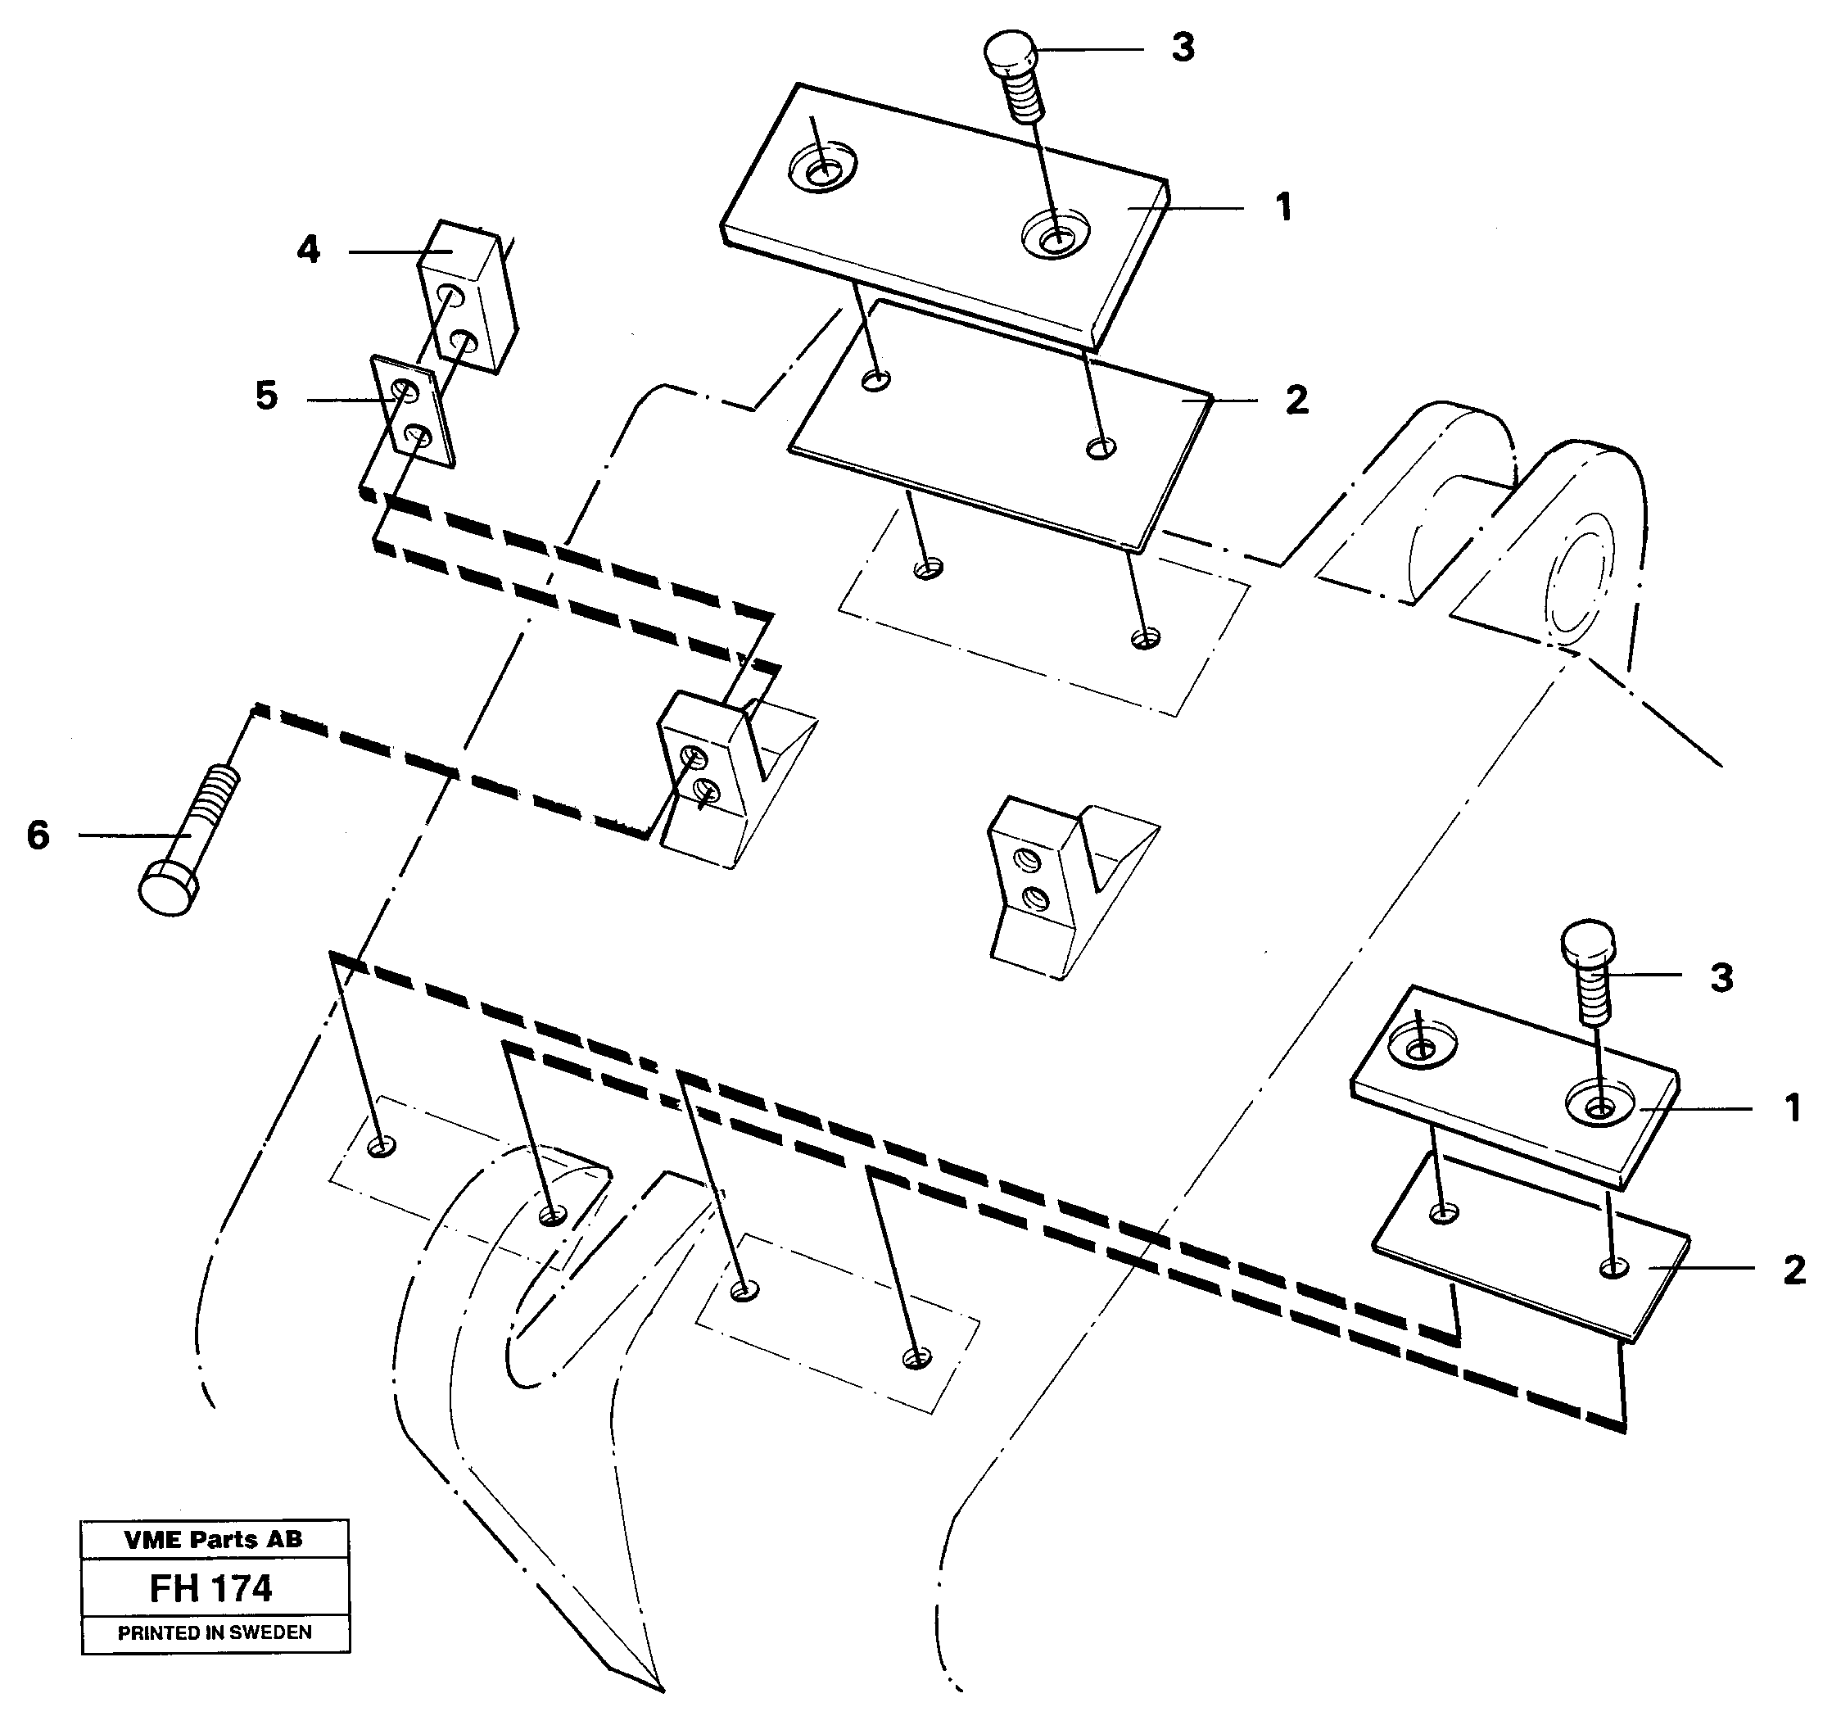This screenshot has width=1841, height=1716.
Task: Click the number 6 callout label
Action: click(38, 835)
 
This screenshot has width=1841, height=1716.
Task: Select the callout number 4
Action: click(309, 250)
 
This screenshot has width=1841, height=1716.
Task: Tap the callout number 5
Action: click(267, 396)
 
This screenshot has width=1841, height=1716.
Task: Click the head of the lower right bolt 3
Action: click(1588, 944)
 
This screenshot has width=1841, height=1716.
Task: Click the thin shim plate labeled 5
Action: click(413, 410)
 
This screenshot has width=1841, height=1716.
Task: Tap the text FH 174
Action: click(212, 1590)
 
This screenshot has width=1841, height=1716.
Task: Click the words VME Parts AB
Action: click(213, 1539)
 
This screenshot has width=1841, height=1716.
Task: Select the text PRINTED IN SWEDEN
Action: click(214, 1632)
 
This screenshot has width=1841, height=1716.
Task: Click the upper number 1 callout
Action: click(1283, 207)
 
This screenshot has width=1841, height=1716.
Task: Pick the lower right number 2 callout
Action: click(1794, 1270)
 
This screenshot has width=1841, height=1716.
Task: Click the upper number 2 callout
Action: click(1296, 400)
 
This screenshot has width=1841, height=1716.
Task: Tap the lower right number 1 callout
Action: click(1792, 1108)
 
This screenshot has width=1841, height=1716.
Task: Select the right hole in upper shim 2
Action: click(1101, 448)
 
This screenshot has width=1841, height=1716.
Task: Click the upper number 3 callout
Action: click(1183, 48)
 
